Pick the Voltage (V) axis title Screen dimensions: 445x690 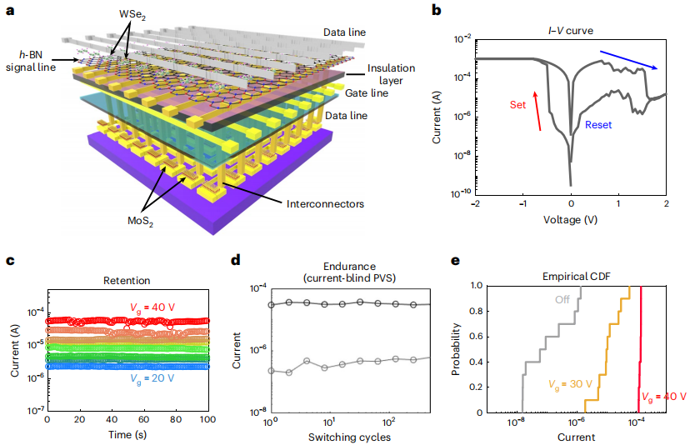[571, 221]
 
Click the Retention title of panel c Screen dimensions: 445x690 [127, 281]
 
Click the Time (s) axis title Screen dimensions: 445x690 [127, 436]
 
